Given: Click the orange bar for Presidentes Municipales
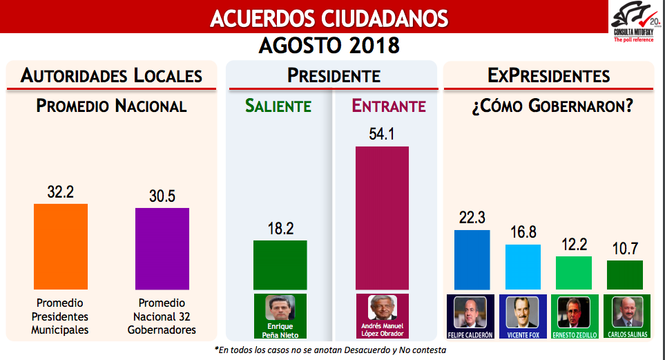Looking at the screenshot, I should coord(61,246).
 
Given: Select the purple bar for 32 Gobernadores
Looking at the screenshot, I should coord(162,248).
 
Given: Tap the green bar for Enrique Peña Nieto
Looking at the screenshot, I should coord(280,265).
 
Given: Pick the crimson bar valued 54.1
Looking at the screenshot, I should coord(382,218).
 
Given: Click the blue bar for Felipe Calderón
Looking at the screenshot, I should coord(472,259).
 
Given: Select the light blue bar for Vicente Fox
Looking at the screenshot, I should coord(523,266).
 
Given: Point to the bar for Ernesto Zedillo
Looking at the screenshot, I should coord(574,272).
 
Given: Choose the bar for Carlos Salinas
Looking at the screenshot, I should coord(625,274).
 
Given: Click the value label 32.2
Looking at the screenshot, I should coord(61,192).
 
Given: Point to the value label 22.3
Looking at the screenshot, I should coord(472,218).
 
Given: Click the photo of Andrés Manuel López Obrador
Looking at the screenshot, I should coord(381,307).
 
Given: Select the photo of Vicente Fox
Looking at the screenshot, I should coord(522,312).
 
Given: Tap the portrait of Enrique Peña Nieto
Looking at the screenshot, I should coord(280,307).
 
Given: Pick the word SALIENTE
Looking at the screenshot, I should coord(278,106).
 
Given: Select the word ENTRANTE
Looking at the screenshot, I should coord(389,106).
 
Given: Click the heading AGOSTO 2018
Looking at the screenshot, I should coord(329,46).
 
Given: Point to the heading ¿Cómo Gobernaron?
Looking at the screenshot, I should coord(549,106).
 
